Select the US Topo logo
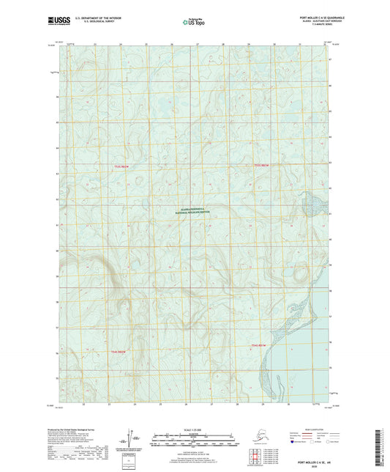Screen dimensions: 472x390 (x=192, y=22)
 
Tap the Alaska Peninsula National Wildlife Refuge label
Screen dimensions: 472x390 (x=195, y=210)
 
